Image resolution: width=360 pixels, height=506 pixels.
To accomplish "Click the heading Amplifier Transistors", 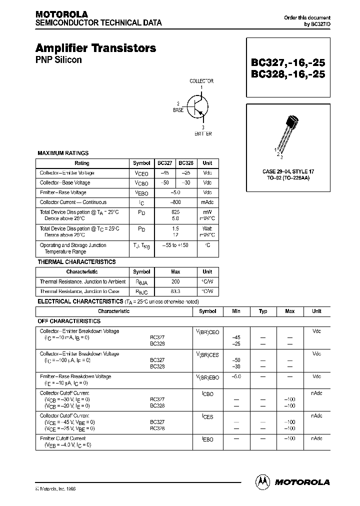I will pyautogui.click(x=95, y=48).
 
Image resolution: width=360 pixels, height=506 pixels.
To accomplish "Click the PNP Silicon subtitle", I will pyautogui.click(x=58, y=60).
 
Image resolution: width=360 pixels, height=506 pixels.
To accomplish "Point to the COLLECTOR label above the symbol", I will pyautogui.click(x=201, y=80).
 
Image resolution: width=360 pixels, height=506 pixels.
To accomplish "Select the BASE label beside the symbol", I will pyautogui.click(x=178, y=109).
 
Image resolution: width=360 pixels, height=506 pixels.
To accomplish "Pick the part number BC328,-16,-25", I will pyautogui.click(x=287, y=74).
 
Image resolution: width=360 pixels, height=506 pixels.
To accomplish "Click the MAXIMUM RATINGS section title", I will pyautogui.click(x=63, y=153).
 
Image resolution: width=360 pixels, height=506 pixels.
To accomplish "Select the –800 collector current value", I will pyautogui.click(x=175, y=202).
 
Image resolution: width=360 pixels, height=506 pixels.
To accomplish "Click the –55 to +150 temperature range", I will pyautogui.click(x=175, y=245).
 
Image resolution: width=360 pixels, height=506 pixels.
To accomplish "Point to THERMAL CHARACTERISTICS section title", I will pyautogui.click(x=76, y=262).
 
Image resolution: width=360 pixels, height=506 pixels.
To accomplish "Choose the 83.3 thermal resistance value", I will pyautogui.click(x=175, y=291).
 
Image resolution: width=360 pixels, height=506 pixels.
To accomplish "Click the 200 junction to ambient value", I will pyautogui.click(x=175, y=281).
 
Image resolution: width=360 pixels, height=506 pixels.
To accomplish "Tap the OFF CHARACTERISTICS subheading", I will pyautogui.click(x=69, y=321).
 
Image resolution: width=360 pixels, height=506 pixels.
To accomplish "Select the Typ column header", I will pyautogui.click(x=263, y=311).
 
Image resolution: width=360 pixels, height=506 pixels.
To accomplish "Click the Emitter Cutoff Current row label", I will pyautogui.click(x=62, y=438).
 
